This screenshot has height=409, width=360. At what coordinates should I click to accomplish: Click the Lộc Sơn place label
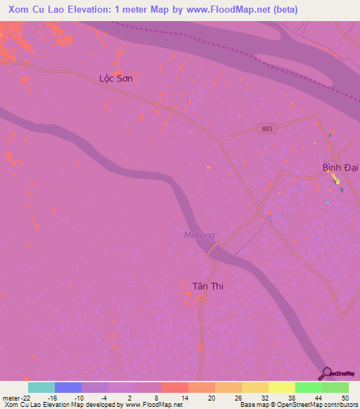[115, 79]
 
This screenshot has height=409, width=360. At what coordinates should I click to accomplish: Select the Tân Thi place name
[207, 286]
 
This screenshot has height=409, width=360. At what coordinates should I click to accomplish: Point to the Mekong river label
[199, 235]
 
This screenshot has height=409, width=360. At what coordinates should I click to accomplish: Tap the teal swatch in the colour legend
[41, 387]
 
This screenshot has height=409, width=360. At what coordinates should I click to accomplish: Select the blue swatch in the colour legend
[68, 387]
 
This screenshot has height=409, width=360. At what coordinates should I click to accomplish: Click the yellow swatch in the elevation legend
[282, 387]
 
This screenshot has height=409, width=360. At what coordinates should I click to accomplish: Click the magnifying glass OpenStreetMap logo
[326, 373]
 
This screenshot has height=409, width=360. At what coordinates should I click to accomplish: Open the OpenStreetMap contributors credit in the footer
[313, 405]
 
